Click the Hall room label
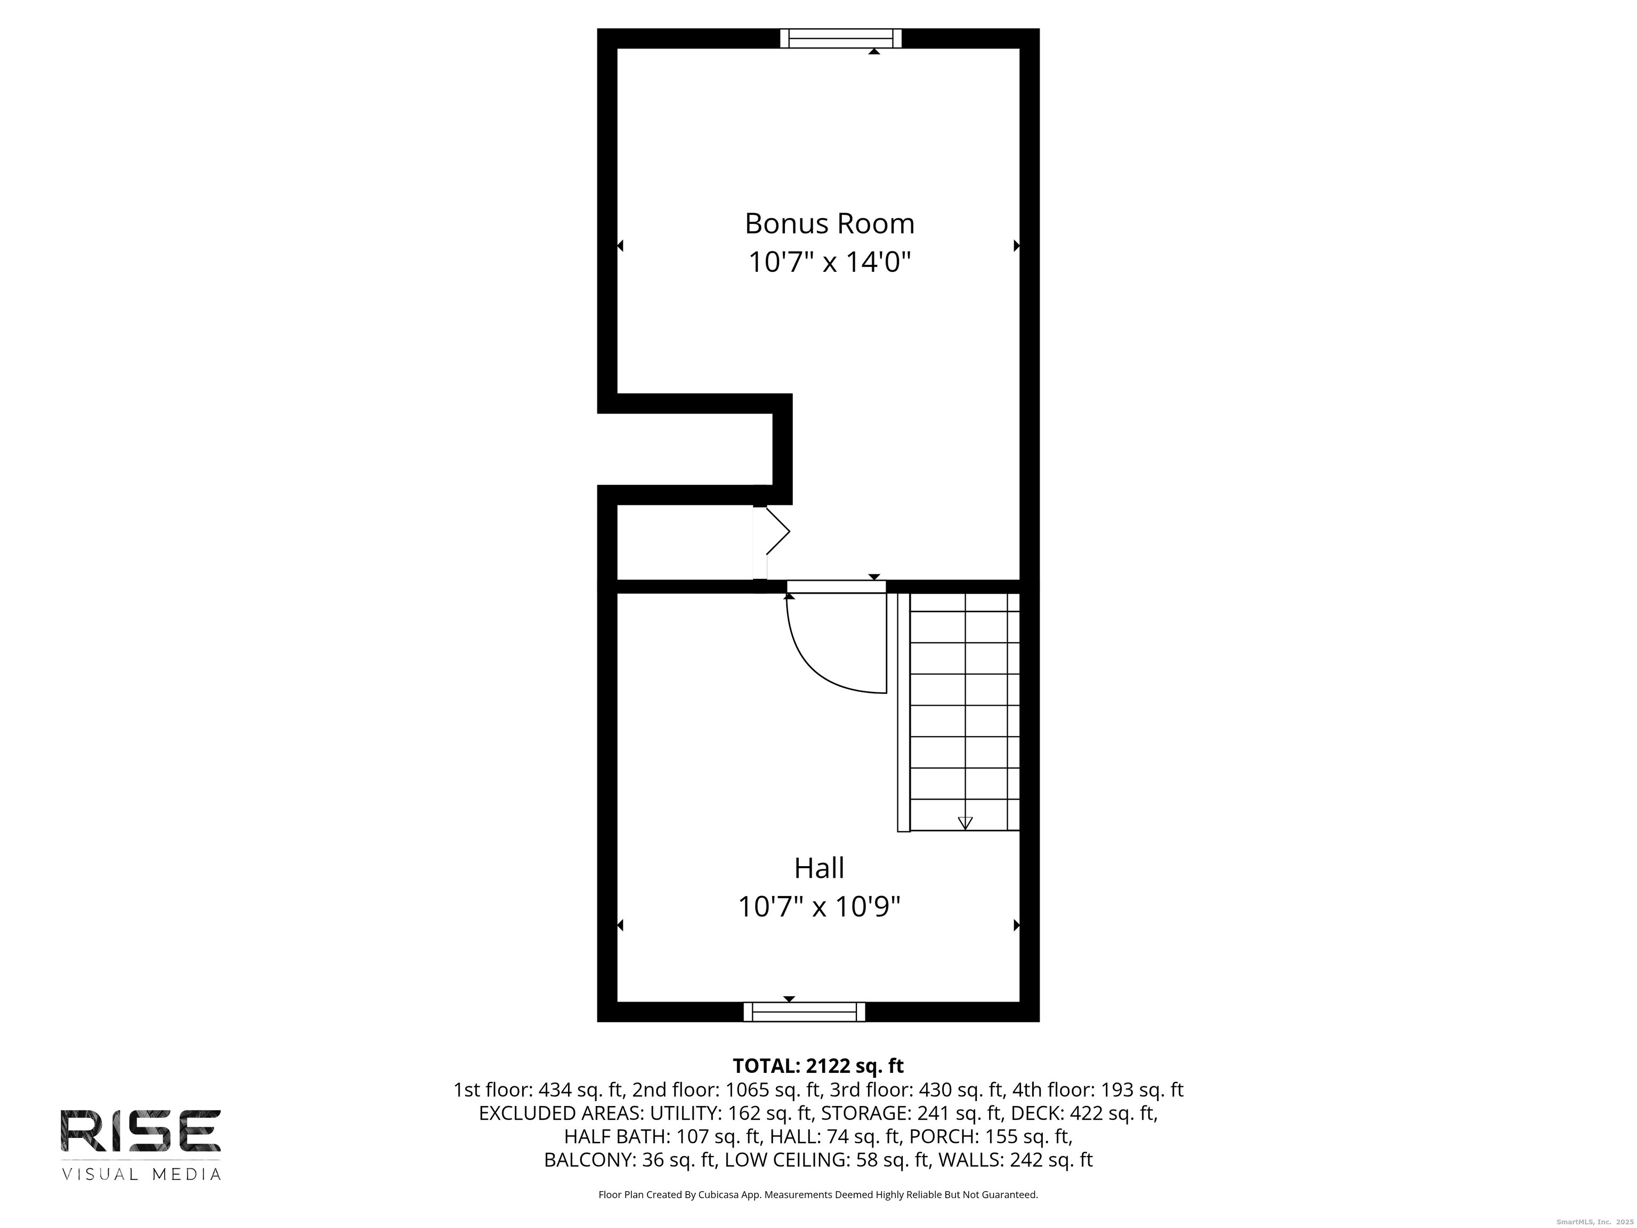pos(819,868)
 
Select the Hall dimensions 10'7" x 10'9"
pos(819,907)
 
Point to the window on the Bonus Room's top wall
pos(841,38)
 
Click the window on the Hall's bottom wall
pos(805,1012)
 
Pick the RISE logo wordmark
pos(141,1130)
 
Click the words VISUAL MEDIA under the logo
pos(141,1175)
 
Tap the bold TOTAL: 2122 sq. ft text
pos(818,1066)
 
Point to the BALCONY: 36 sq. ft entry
pos(629,1160)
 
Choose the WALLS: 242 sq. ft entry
pos(1015,1160)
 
